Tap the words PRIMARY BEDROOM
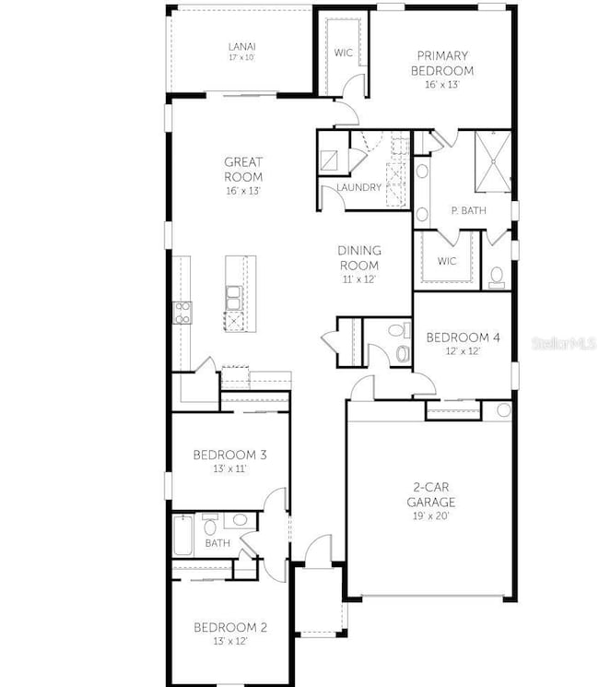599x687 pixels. tap(444, 63)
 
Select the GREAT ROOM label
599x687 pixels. tap(243, 170)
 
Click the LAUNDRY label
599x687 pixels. tap(359, 187)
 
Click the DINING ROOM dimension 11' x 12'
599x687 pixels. tap(358, 278)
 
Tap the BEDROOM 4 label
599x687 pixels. tap(463, 338)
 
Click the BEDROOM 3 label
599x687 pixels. tap(229, 455)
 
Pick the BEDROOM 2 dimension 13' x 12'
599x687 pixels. tap(229, 643)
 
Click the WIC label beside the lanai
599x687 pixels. tap(343, 53)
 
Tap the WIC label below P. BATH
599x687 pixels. tap(447, 261)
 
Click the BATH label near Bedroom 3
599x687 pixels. tap(217, 543)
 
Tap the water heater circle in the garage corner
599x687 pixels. tap(502, 409)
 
